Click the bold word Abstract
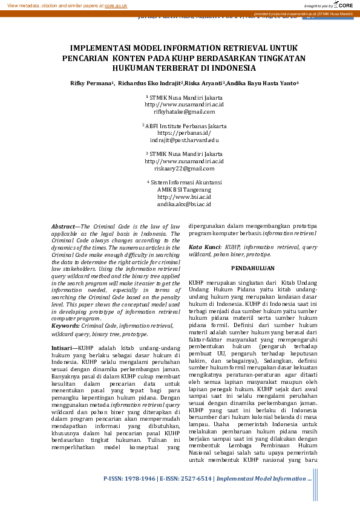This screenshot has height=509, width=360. point(62,225)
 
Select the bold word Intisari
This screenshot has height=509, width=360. point(62,349)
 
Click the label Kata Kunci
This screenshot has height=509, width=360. point(204,247)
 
